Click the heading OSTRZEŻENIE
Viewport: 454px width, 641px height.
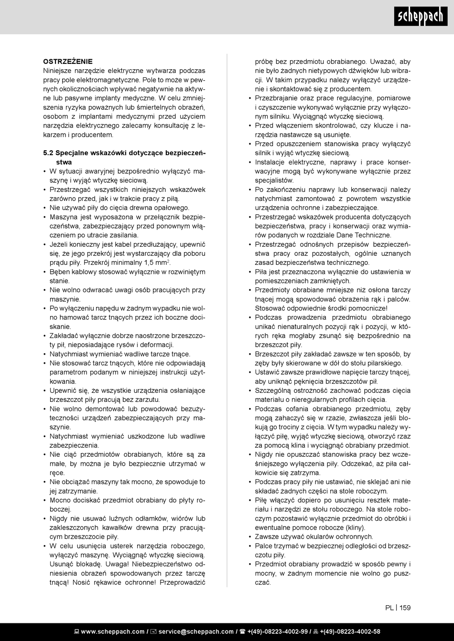click(x=68, y=62)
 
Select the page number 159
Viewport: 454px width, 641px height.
click(x=405, y=608)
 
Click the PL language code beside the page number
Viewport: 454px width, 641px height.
click(x=389, y=608)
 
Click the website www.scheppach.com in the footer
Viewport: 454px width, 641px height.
click(x=112, y=631)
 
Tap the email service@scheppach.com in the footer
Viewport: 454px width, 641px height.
click(x=196, y=631)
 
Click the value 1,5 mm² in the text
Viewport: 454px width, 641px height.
click(x=157, y=263)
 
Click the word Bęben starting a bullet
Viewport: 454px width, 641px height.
click(x=60, y=272)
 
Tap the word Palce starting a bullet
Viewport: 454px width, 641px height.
click(x=264, y=546)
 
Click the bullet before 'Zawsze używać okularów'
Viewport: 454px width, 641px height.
click(x=250, y=536)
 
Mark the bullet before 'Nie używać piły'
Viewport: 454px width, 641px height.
click(x=44, y=208)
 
